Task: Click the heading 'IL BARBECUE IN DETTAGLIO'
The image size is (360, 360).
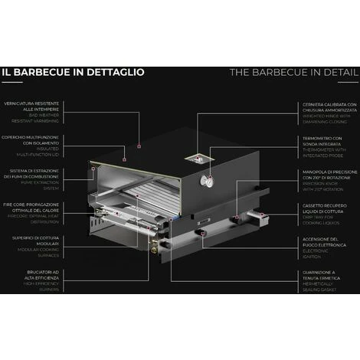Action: (x=73, y=73)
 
